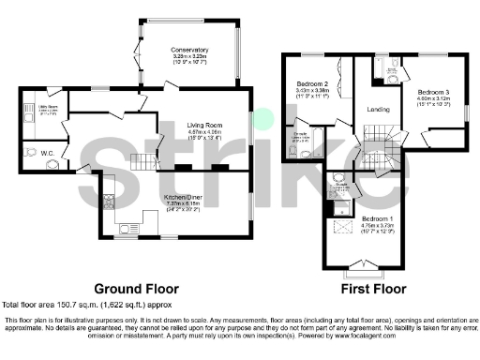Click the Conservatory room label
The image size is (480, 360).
(x=189, y=50)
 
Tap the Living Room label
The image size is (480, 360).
(x=203, y=122)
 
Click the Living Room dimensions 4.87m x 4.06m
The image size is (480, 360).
(x=203, y=132)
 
